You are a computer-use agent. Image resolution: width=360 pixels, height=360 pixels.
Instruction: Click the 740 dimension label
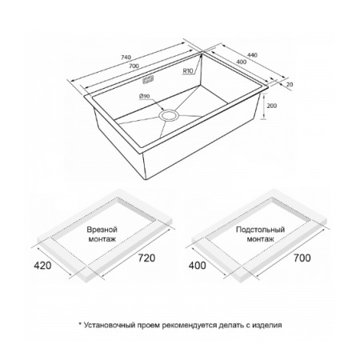coord(126,58)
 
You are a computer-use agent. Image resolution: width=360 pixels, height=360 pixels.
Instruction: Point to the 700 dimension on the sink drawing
coord(134,66)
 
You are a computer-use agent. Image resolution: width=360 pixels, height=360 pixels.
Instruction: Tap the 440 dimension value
coord(252,55)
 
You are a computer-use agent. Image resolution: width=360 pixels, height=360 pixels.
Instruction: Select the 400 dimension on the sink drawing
coord(242,62)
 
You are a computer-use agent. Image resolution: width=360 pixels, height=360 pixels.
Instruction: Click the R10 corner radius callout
coord(188,71)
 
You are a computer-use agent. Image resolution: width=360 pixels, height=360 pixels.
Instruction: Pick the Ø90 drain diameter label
coord(144,96)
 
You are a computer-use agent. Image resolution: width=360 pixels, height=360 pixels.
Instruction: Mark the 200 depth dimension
coord(272,106)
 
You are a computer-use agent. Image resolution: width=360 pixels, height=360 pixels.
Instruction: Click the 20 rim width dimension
coord(290,85)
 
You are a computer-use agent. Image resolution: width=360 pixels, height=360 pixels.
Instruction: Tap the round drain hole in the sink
coord(168,116)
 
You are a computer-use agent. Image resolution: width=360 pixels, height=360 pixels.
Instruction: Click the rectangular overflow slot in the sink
coord(148,80)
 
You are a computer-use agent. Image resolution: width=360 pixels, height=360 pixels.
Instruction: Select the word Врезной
coord(102,230)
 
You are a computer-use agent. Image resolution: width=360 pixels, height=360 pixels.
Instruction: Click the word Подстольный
coord(260,230)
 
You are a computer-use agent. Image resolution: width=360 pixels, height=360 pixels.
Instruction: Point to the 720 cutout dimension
coord(146,258)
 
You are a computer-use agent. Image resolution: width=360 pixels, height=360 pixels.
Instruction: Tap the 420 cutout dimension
coord(42,266)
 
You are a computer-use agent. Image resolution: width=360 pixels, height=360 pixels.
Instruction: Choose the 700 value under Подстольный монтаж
coord(302,258)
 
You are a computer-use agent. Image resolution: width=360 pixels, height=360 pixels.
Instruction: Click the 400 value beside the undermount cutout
coord(198,266)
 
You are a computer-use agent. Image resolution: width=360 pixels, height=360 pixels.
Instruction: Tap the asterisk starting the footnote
coord(79,324)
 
